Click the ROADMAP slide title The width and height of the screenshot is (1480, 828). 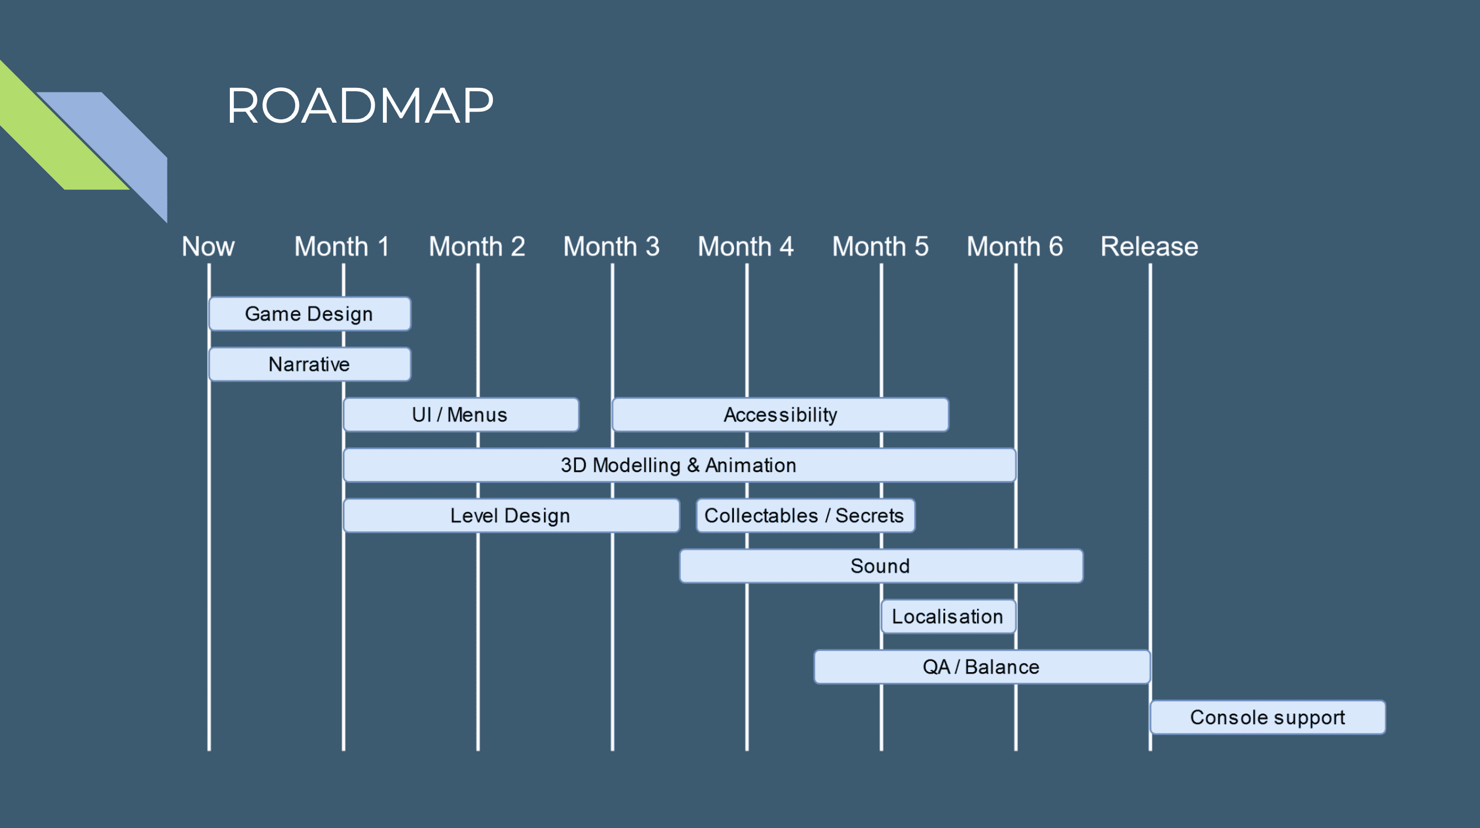(360, 105)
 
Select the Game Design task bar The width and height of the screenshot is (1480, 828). (309, 314)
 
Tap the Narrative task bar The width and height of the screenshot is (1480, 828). (309, 364)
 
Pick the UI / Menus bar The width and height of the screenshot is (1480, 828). (461, 415)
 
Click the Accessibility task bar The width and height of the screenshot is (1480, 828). (780, 415)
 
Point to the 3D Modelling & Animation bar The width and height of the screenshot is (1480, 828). (679, 465)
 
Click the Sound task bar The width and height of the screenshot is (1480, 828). (881, 567)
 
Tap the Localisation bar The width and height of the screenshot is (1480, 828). (948, 616)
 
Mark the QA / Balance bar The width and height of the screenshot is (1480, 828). (982, 667)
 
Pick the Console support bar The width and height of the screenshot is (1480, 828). (1268, 717)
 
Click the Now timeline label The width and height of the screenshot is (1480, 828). (208, 247)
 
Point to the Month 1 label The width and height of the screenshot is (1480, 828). (342, 247)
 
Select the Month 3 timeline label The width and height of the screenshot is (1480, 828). (611, 247)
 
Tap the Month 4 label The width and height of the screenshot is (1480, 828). (746, 247)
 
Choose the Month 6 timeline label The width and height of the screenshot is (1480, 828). (1015, 247)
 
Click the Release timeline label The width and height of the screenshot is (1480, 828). (1149, 247)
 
